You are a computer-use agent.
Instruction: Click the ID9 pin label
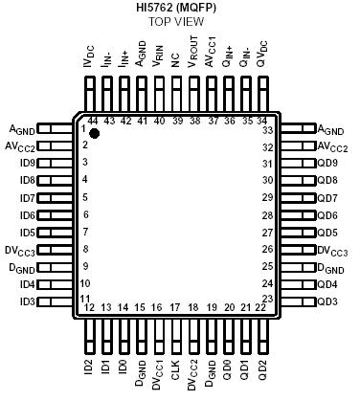click(x=27, y=163)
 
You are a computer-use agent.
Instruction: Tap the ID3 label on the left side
click(x=27, y=301)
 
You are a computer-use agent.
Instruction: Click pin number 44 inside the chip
click(x=93, y=121)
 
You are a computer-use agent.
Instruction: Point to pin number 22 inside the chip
click(x=260, y=307)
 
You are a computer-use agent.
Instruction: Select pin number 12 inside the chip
click(x=89, y=307)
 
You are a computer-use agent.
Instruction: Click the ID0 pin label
click(x=123, y=368)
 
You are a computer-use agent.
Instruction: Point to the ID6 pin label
click(x=27, y=215)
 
